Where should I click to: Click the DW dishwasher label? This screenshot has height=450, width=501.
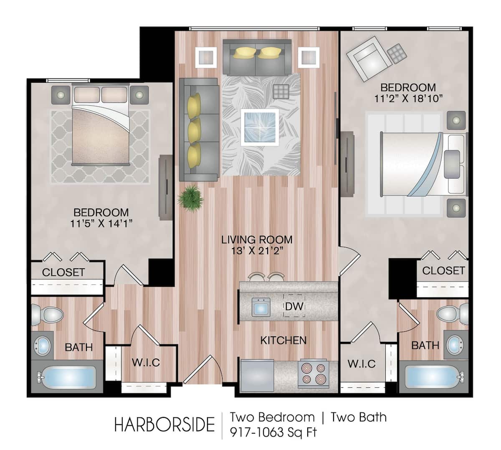(x=294, y=307)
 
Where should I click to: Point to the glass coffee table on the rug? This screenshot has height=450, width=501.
(x=261, y=127)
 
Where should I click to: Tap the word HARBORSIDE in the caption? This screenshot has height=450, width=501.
(x=164, y=424)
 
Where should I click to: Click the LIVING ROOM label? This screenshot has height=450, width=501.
(x=257, y=240)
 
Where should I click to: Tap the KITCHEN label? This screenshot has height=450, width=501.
(x=283, y=340)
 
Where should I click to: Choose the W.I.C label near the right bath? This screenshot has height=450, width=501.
(x=362, y=364)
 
